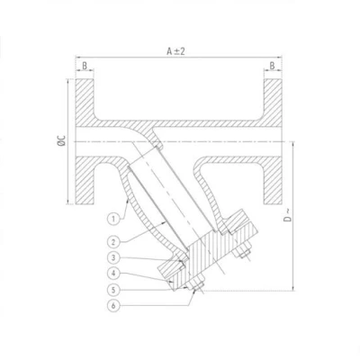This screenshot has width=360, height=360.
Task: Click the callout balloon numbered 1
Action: click(x=113, y=219)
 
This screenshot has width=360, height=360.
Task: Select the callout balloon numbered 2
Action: click(x=113, y=242)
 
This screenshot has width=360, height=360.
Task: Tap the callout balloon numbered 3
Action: click(x=113, y=257)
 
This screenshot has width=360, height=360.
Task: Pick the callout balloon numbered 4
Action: click(x=113, y=274)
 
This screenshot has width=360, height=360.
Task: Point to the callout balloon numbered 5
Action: click(x=113, y=290)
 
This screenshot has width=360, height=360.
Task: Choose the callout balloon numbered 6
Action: click(x=113, y=306)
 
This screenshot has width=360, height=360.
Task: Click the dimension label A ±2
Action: click(x=175, y=51)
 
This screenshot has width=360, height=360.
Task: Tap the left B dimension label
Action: click(x=85, y=66)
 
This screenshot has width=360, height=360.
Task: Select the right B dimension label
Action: click(x=272, y=66)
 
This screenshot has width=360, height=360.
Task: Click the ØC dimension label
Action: click(x=61, y=140)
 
